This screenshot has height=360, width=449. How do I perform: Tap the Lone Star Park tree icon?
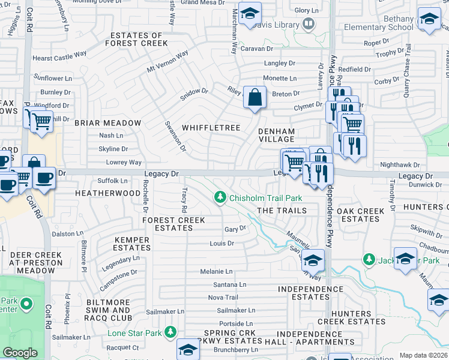[171, 332]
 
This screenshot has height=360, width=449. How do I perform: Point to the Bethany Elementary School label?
[379, 23]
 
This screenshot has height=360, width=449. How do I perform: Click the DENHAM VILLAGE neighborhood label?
[276, 135]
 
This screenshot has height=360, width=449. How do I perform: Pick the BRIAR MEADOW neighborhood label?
[107, 123]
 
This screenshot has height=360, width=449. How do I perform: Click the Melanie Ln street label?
[216, 272]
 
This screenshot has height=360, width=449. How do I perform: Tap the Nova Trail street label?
[223, 298]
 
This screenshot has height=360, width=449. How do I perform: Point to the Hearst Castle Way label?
[59, 55]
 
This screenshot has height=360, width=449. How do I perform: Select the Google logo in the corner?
[20, 353]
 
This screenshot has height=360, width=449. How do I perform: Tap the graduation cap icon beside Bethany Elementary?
[429, 19]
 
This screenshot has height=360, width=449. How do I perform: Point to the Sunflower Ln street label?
[52, 79]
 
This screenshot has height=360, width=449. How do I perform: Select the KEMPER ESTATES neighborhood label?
[132, 244]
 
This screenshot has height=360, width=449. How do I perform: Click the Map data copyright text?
[423, 355]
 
